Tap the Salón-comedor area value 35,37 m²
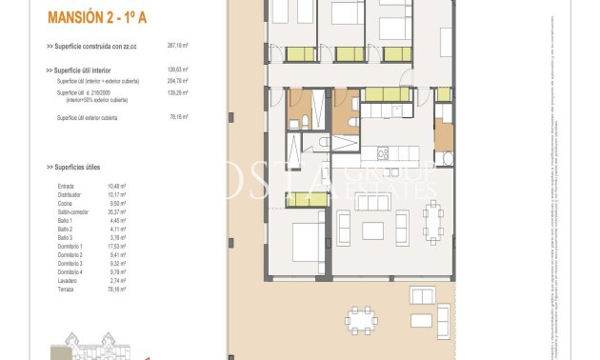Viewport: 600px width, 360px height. tap(120, 212)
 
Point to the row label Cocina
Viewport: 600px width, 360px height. tap(66, 203)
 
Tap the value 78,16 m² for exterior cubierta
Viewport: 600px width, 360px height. tap(178, 117)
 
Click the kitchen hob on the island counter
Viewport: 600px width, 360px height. tap(380, 154)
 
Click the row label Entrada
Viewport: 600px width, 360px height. tap(66, 186)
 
